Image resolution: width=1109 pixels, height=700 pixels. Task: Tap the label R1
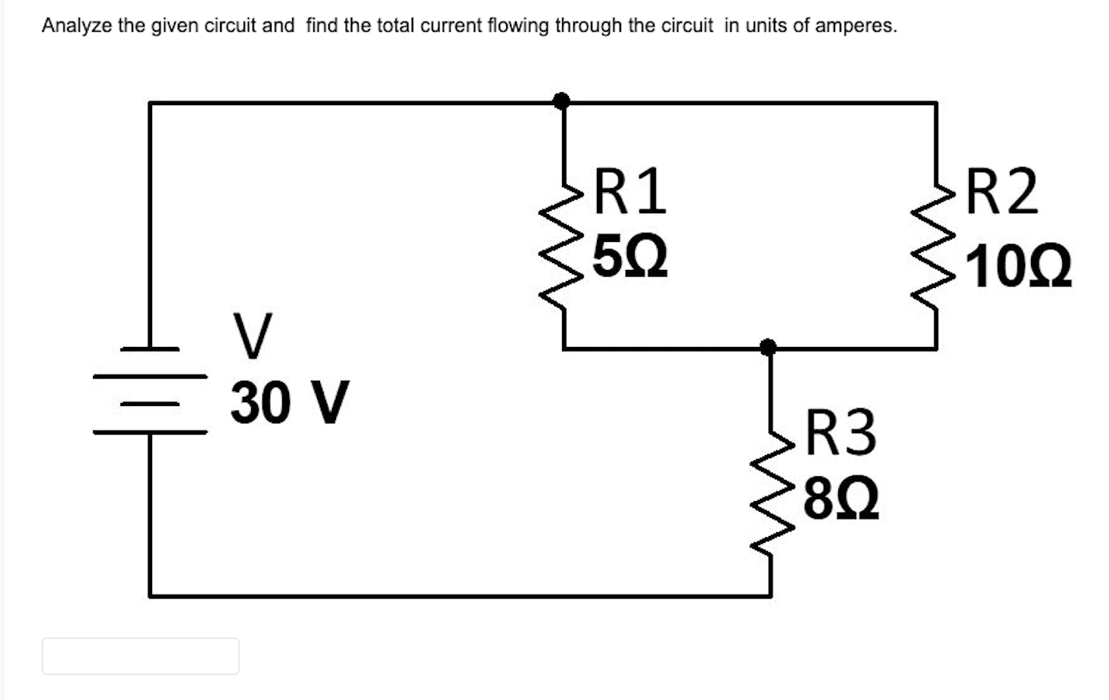point(629,192)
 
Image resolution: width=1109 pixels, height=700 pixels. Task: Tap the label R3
point(840,433)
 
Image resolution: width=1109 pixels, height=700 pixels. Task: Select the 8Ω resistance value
point(840,500)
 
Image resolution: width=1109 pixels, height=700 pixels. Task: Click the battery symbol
point(150,390)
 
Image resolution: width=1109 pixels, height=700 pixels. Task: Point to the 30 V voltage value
point(290,402)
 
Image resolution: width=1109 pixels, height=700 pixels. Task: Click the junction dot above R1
point(561,101)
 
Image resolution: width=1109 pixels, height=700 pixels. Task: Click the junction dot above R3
point(768,347)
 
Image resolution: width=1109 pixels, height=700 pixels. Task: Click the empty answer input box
point(141,655)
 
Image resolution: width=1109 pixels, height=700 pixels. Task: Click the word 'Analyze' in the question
point(76,26)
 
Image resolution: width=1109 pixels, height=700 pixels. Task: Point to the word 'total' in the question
point(393,26)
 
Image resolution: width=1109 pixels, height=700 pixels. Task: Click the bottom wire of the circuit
point(454,596)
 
